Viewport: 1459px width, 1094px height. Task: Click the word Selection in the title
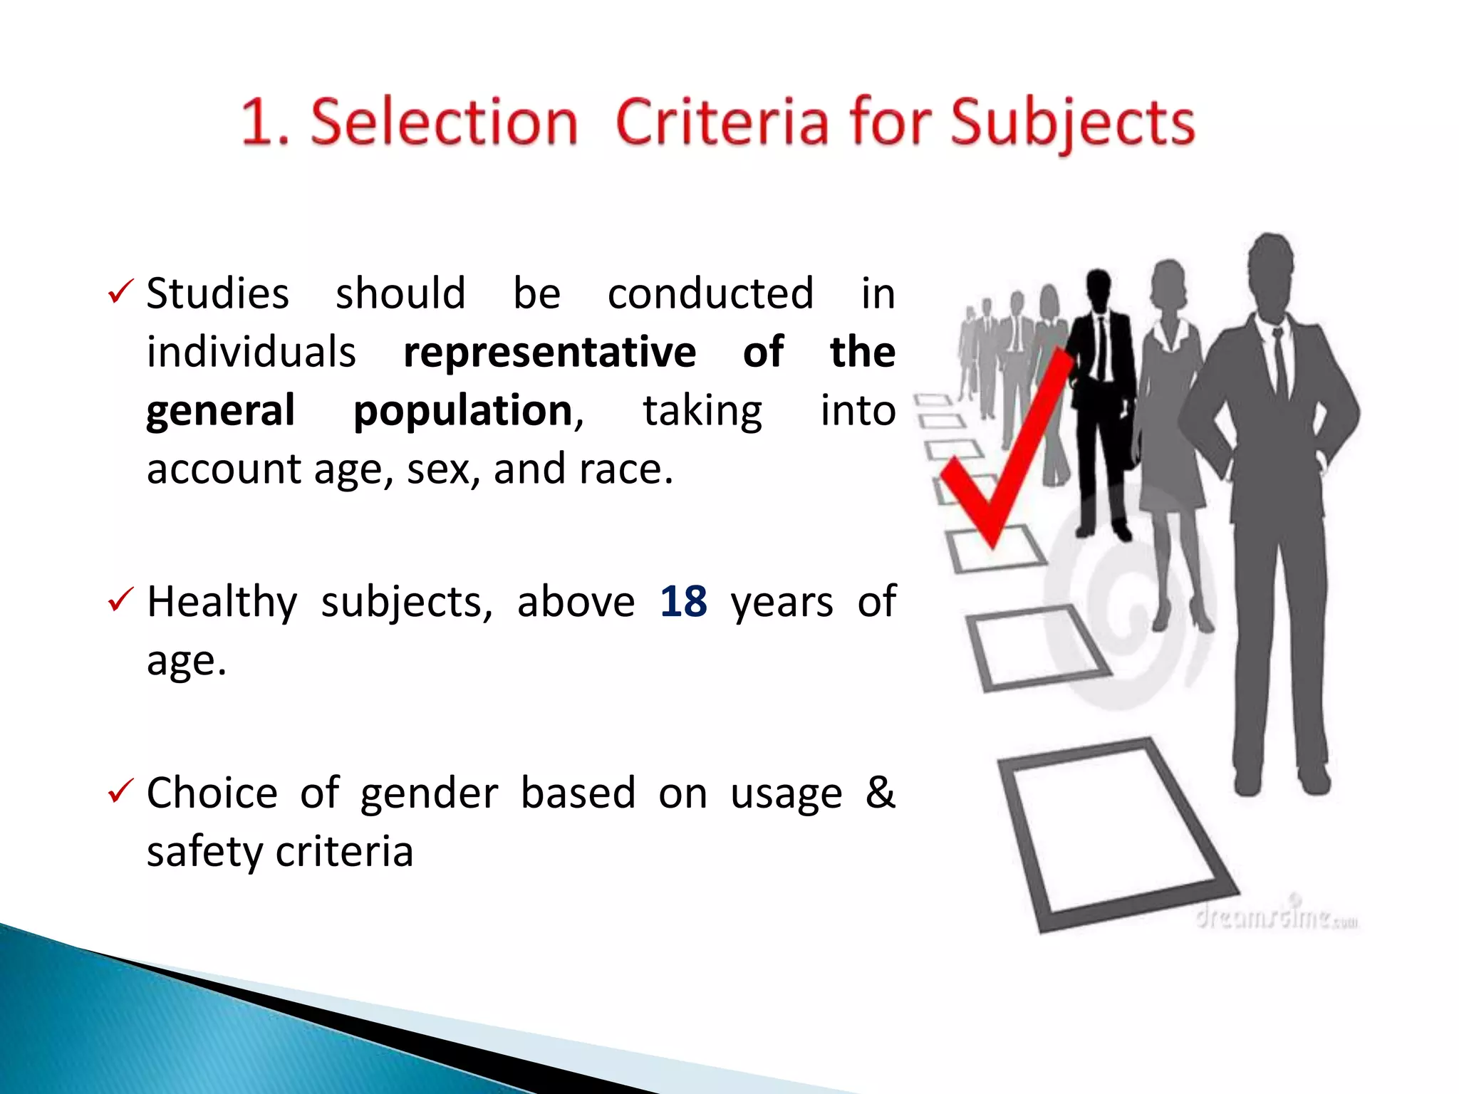coord(444,123)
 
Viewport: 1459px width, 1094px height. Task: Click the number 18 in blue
coord(683,602)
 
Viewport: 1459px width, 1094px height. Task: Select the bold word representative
coord(549,352)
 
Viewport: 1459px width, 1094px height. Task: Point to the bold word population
coord(464,411)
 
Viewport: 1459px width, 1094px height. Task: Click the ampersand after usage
coord(880,792)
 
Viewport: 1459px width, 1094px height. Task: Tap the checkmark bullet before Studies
coord(120,292)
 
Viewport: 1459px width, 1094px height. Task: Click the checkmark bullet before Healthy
coord(120,600)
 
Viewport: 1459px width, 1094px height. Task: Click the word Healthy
coord(222,603)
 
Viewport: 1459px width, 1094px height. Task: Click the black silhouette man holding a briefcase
coord(1101,399)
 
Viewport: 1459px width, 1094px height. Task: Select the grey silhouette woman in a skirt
coord(1172,427)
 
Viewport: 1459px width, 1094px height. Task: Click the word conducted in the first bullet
coord(710,293)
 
